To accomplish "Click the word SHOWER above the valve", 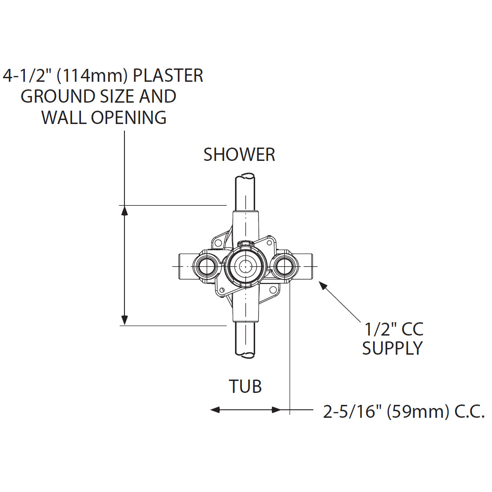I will click(239, 155).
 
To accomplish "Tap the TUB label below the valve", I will click(245, 387).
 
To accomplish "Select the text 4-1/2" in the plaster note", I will click(27, 76).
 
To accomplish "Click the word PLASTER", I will click(168, 76).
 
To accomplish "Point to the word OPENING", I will click(128, 117).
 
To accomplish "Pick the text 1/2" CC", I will click(393, 329).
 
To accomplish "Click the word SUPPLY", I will click(392, 348).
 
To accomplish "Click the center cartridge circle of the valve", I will click(244, 266).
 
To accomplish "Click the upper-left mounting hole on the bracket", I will click(218, 243).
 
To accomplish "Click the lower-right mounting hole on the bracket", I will click(272, 291).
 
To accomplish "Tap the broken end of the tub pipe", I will click(245, 355).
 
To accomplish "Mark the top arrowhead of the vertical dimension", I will click(125, 210).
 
